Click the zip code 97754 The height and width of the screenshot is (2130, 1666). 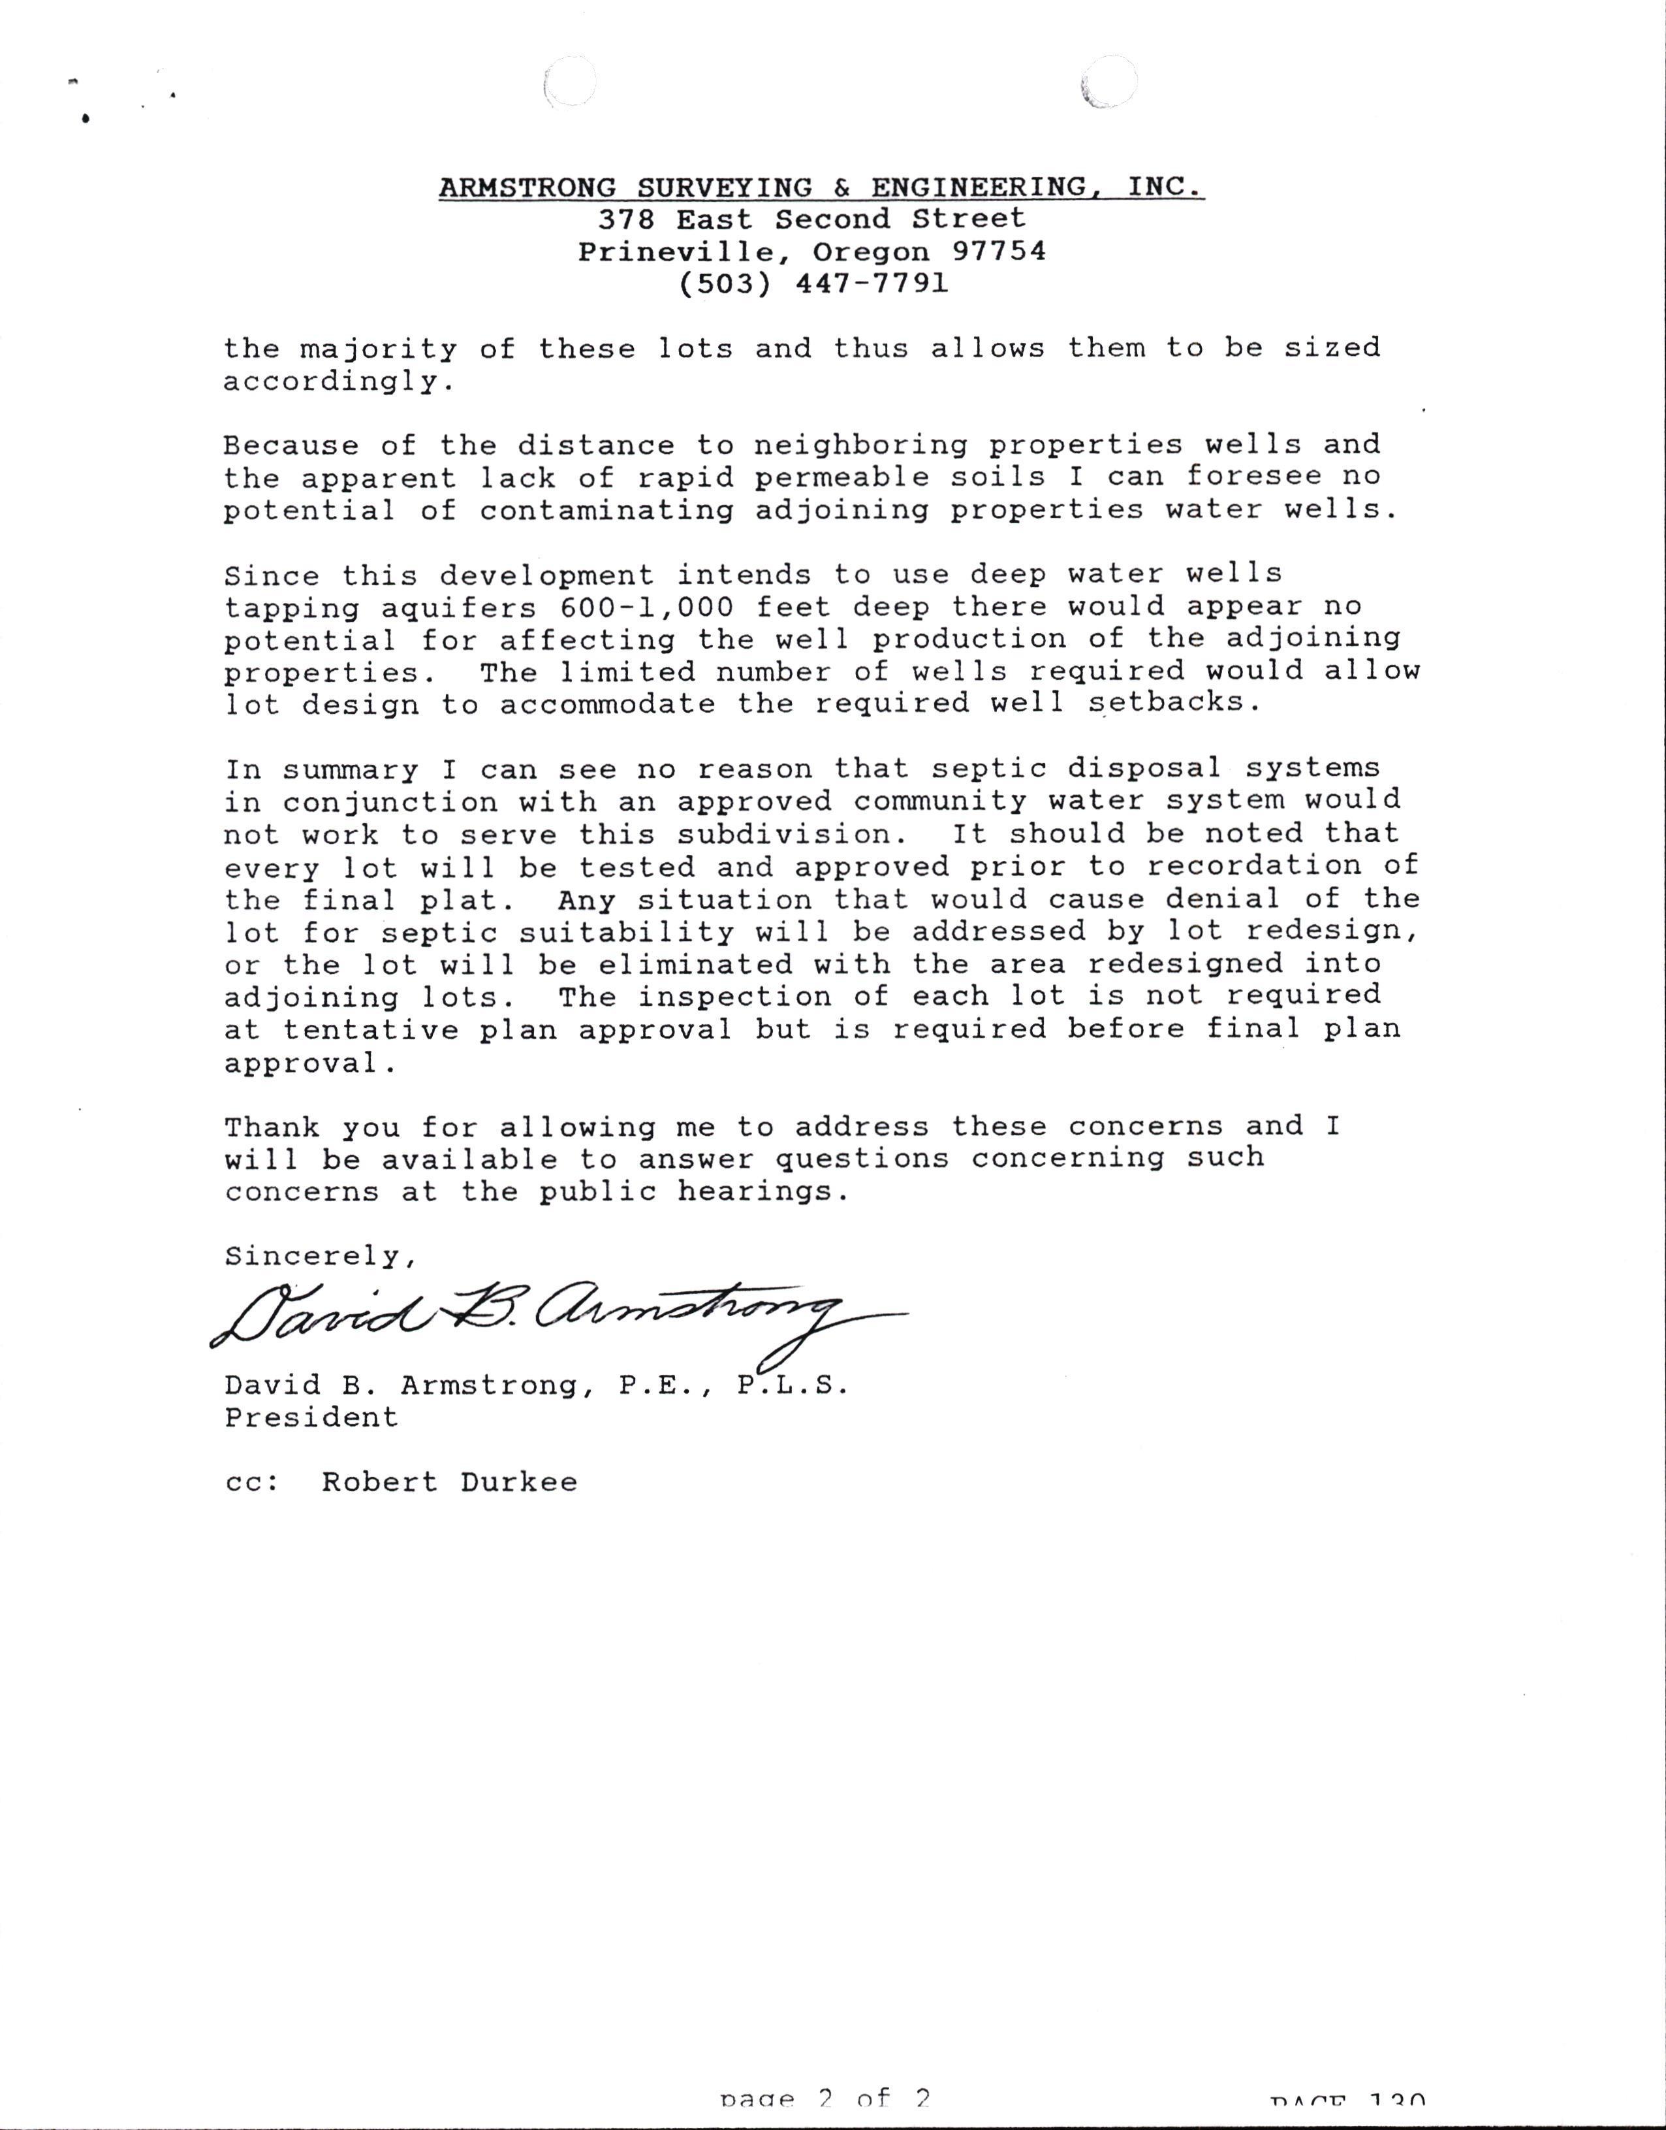[x=998, y=251]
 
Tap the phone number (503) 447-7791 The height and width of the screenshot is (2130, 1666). [x=811, y=284]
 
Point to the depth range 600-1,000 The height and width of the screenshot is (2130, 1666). [x=646, y=607]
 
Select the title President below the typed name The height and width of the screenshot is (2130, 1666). [x=311, y=1418]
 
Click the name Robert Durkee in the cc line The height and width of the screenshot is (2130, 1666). [x=450, y=1482]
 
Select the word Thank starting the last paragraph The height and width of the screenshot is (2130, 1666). [x=272, y=1127]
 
